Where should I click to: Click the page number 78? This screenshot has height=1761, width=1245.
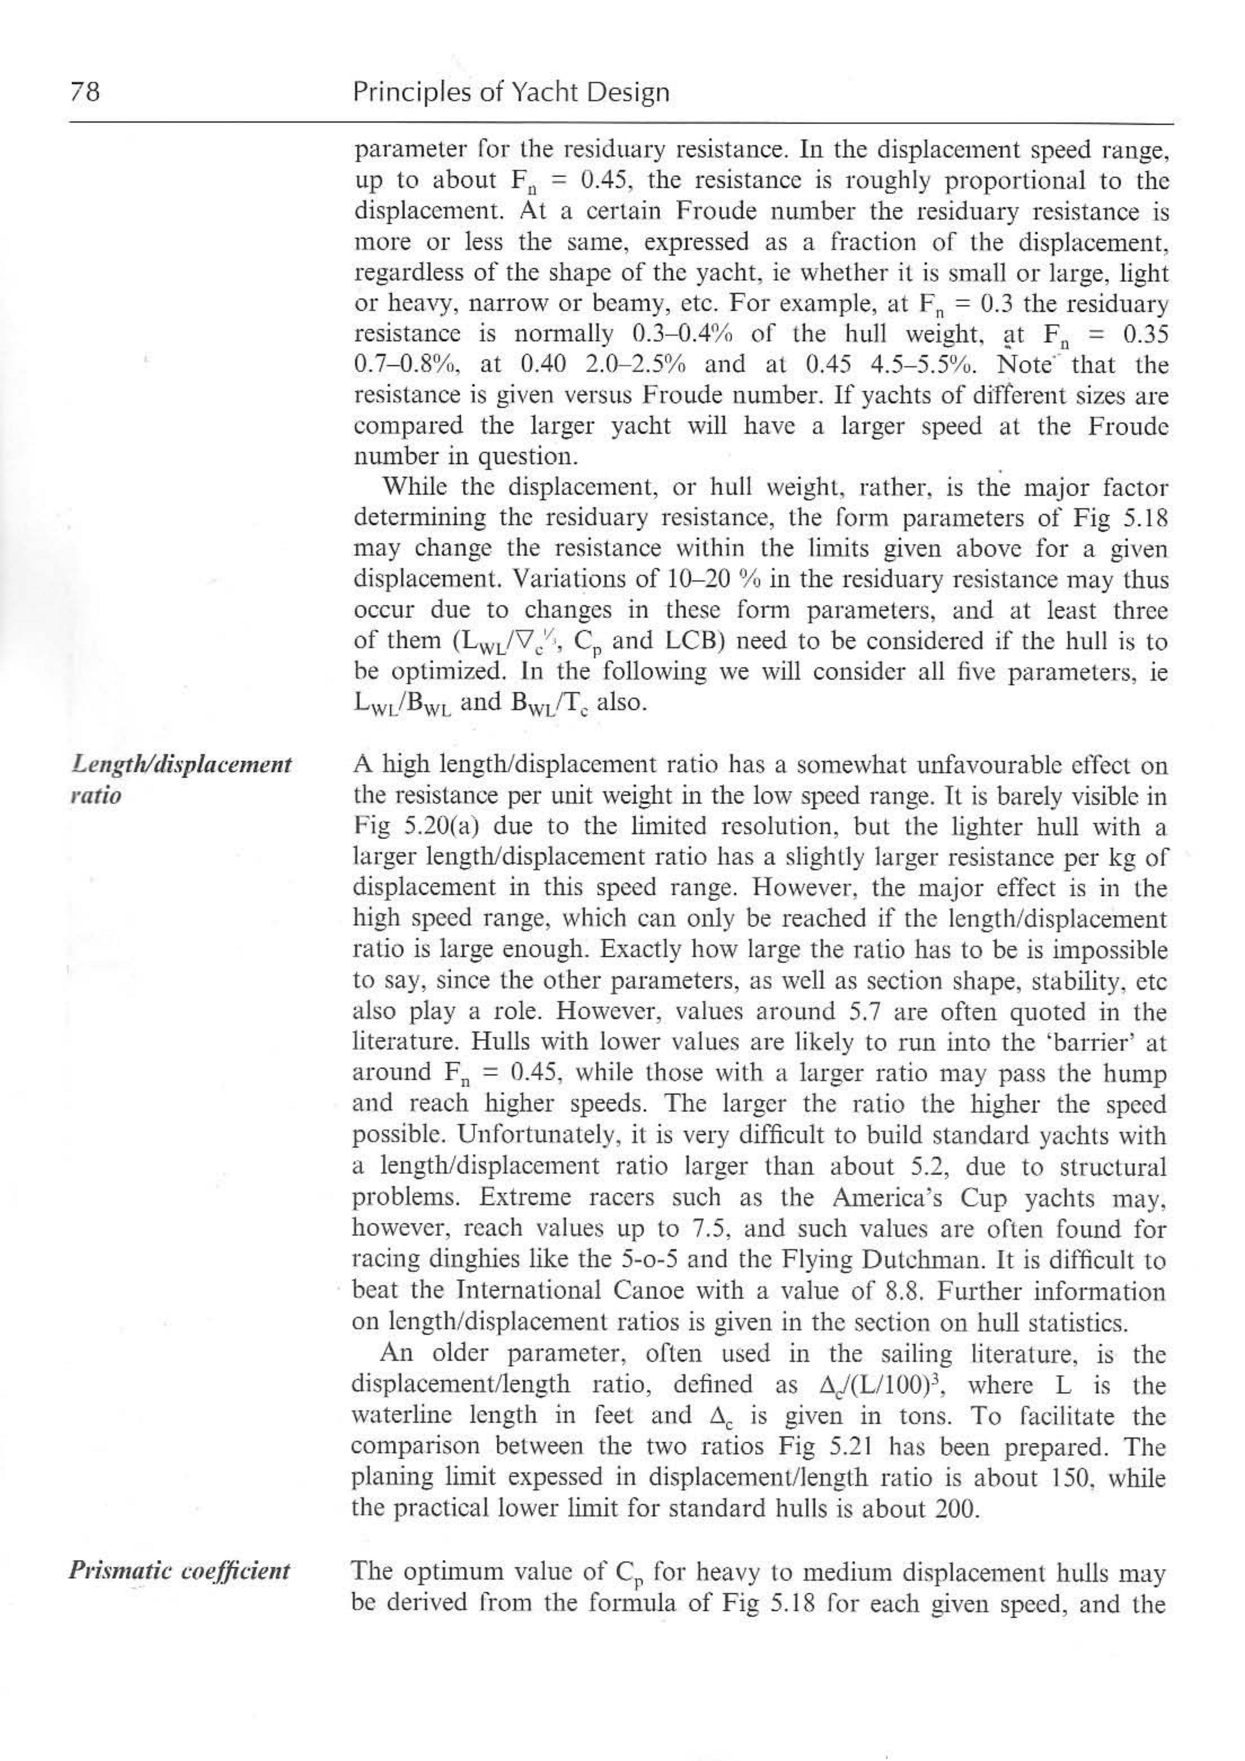click(84, 93)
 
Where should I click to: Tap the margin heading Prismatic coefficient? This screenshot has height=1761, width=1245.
click(180, 1570)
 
